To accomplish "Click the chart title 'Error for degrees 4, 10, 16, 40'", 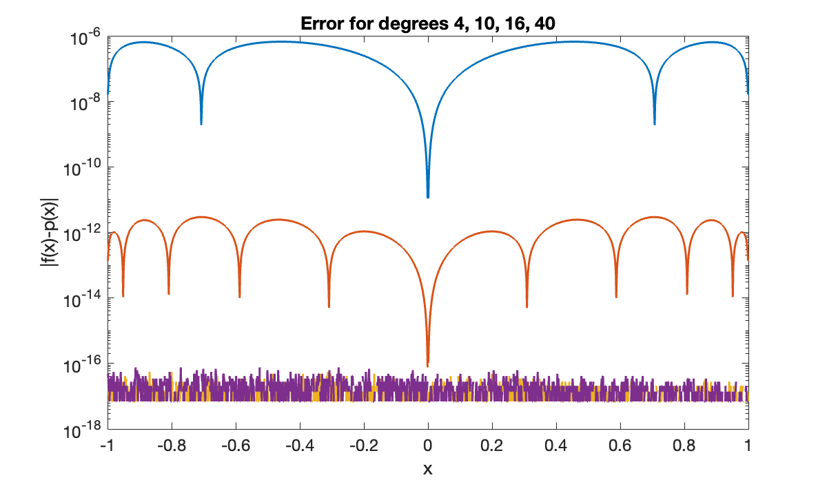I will (427, 23).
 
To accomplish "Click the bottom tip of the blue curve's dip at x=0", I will (428, 198).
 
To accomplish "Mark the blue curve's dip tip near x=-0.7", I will (201, 124).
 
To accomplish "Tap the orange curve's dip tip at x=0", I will (428, 365).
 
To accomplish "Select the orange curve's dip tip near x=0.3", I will (527, 306).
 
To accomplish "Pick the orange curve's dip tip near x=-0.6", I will (239, 297).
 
